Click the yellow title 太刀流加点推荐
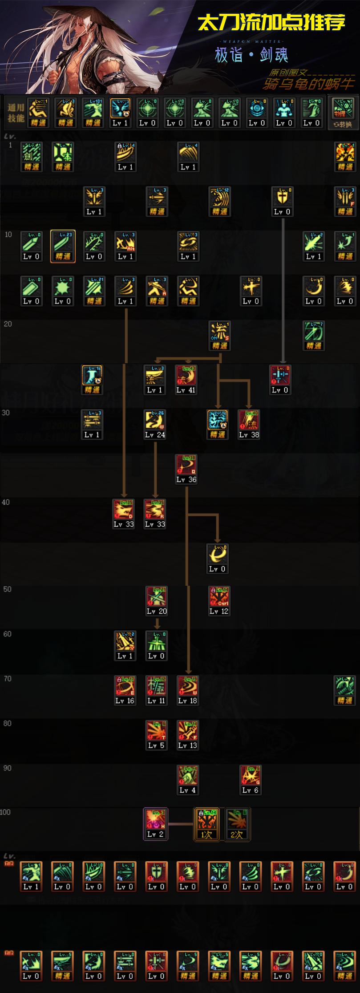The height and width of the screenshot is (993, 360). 271,23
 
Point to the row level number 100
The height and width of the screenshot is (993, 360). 5,812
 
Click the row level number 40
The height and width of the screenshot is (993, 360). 6,502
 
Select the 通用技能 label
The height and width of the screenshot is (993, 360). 16,113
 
